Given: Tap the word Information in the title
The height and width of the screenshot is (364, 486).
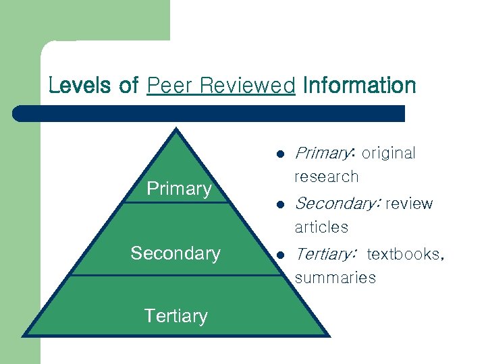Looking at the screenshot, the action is click(360, 86).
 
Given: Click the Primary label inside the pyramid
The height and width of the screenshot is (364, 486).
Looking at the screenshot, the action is click(179, 189).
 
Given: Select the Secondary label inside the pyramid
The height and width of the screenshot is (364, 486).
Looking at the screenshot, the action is click(175, 253).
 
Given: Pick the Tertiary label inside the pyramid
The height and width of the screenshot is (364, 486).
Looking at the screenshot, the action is click(175, 315).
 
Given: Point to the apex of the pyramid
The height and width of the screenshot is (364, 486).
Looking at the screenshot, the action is click(177, 130).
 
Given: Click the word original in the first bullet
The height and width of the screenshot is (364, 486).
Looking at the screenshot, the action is click(389, 154).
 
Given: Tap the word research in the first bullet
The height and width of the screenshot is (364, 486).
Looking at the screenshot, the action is click(326, 177).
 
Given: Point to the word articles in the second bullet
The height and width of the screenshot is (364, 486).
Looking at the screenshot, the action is click(321, 227).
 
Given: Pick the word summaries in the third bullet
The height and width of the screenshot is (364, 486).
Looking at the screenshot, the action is click(335, 278).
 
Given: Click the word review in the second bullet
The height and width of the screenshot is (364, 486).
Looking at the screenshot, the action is click(410, 204).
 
